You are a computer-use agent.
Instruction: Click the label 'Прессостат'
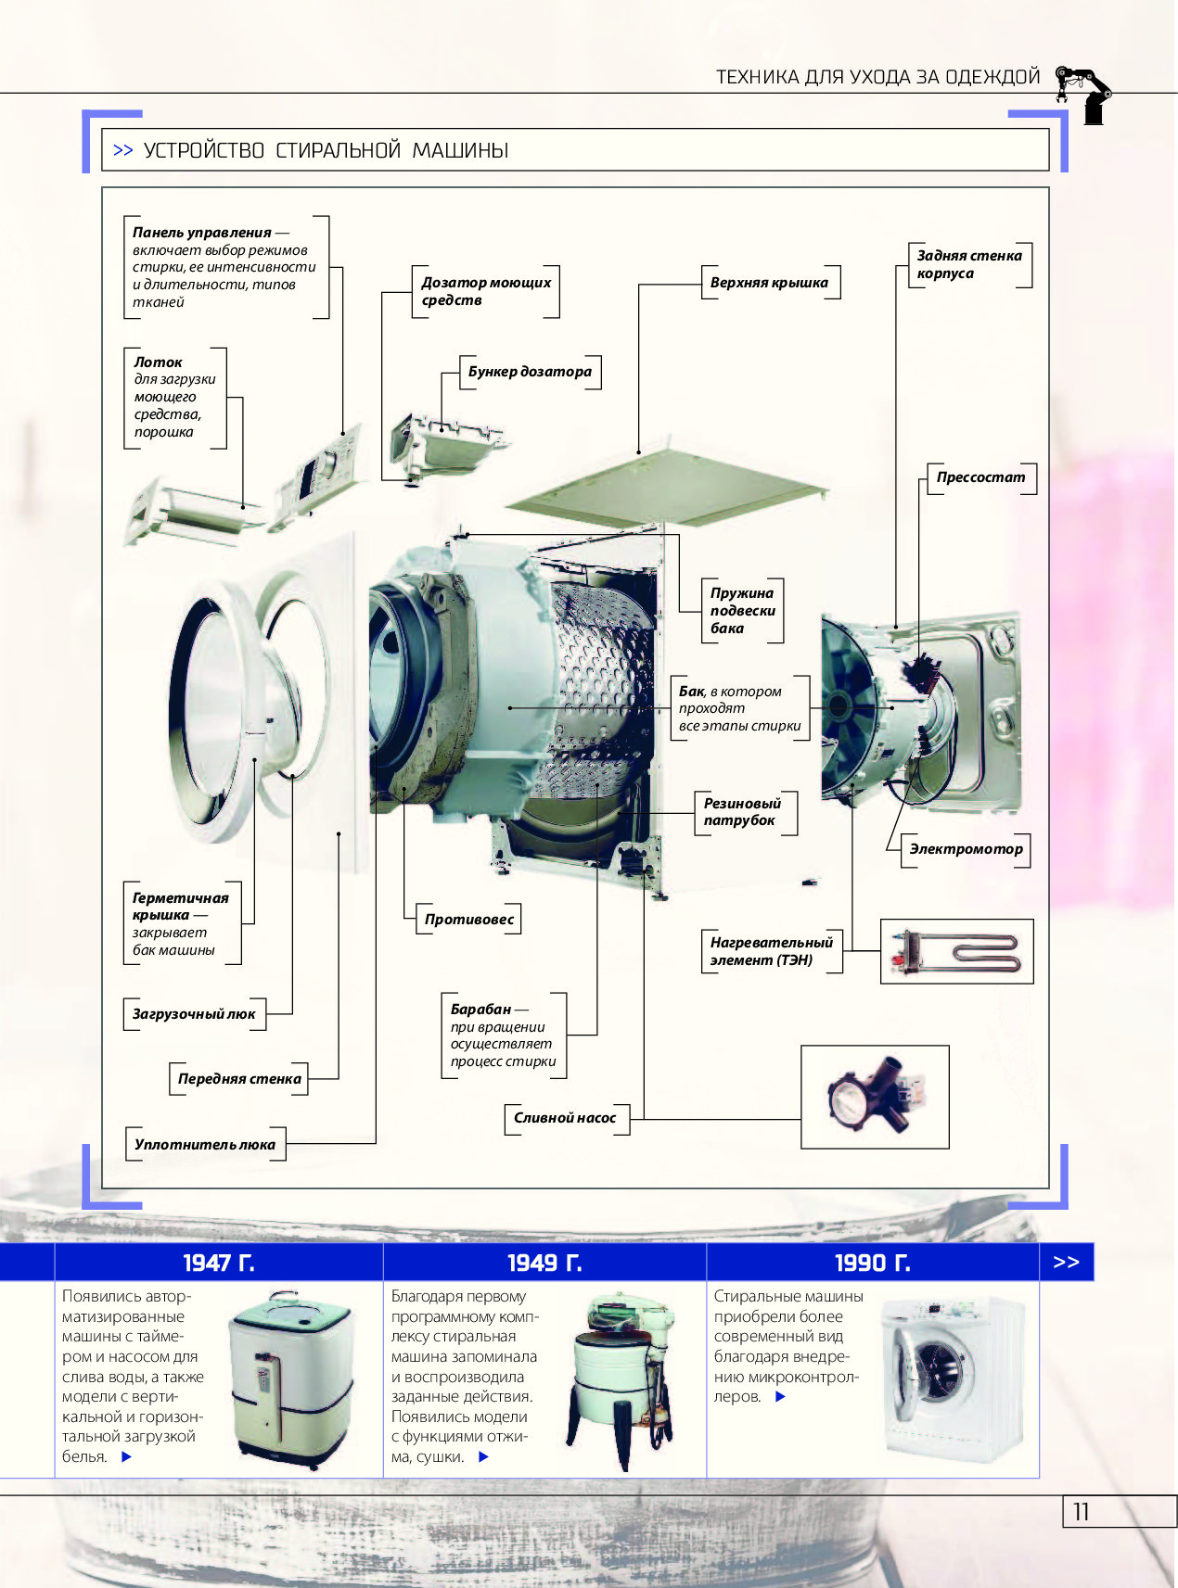(980, 477)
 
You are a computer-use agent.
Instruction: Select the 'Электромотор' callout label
(966, 848)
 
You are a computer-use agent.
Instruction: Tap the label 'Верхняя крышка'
(769, 283)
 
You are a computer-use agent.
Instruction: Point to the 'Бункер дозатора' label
(530, 372)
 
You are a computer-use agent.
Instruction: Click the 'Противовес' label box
(468, 919)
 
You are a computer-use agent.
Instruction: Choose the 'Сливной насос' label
(565, 1118)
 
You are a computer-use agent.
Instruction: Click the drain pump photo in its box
(875, 1097)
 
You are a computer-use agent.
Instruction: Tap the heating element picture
(956, 951)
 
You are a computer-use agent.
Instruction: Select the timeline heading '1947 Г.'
(219, 1263)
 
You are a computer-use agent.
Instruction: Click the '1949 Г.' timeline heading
(544, 1263)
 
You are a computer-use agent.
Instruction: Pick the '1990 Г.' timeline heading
(872, 1263)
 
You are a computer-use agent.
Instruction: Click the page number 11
(1081, 1512)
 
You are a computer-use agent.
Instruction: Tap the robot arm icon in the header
(1084, 93)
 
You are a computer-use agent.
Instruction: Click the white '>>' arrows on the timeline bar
(1066, 1262)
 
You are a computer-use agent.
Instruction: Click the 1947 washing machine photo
(291, 1378)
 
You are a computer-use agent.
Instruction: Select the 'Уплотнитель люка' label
(205, 1144)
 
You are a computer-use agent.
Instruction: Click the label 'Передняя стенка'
(239, 1079)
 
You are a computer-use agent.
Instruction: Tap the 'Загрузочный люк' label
(194, 1014)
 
